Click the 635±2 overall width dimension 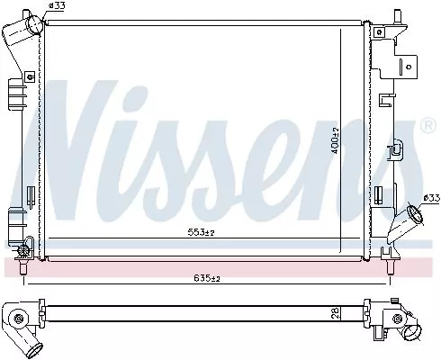point(207,279)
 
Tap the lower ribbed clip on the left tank point(14,219)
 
